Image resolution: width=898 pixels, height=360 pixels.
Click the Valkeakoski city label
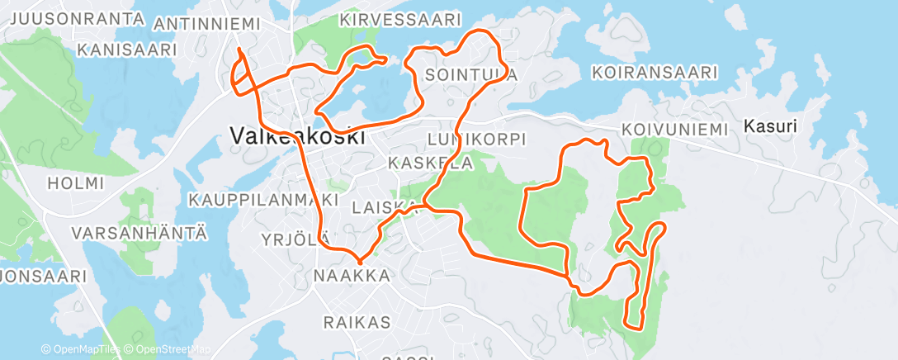click(x=297, y=135)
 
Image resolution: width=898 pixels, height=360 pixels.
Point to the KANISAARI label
click(x=128, y=50)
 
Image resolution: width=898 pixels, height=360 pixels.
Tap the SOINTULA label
click(x=471, y=75)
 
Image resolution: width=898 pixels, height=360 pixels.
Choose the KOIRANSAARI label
click(x=655, y=73)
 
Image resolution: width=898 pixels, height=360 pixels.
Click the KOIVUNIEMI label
click(x=675, y=130)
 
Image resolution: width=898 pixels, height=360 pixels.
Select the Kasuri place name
click(x=770, y=127)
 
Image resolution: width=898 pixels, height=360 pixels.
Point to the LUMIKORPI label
click(x=478, y=139)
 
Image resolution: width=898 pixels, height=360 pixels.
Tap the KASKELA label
click(x=430, y=163)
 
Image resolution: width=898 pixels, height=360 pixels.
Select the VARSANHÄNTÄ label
click(x=138, y=233)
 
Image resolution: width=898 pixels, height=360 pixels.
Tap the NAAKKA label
click(x=352, y=276)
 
